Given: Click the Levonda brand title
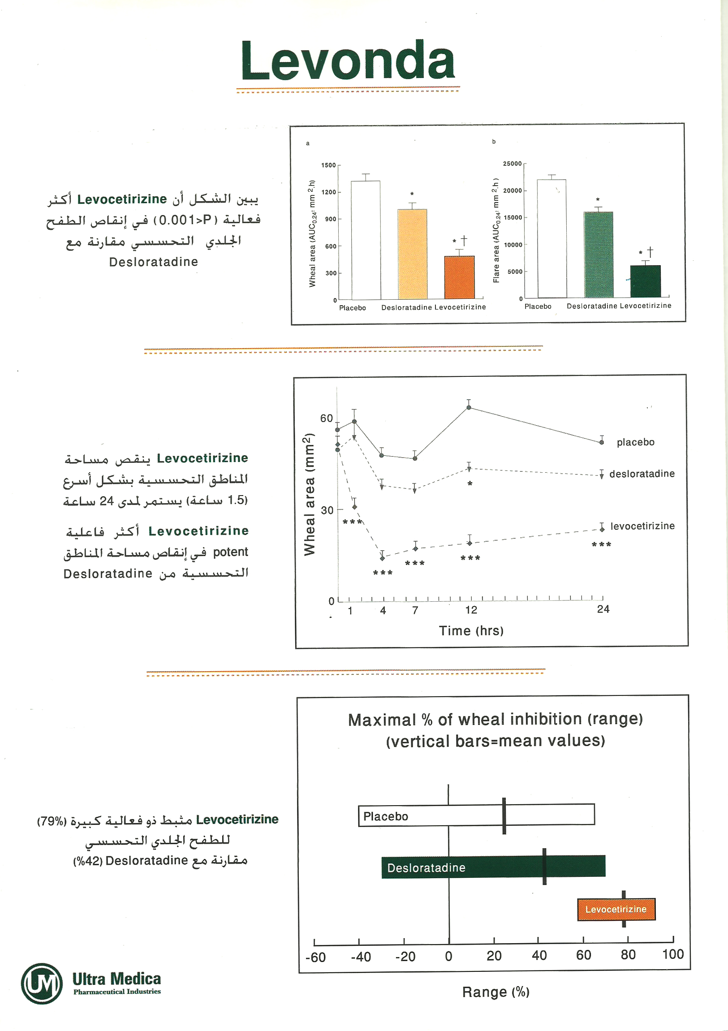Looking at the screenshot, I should (x=348, y=60).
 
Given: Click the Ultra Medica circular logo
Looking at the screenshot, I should (x=42, y=983).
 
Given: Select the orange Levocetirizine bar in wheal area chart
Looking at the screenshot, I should (x=459, y=277).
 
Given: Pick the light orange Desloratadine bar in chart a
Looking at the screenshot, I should (x=412, y=254).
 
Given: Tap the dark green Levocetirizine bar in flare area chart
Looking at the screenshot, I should (x=646, y=281).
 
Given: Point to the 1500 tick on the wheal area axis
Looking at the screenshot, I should (x=328, y=165).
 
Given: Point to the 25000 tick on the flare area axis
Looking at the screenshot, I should (x=513, y=164).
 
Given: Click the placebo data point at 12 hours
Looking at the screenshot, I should (x=469, y=407).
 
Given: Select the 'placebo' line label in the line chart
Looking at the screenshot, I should (x=635, y=442).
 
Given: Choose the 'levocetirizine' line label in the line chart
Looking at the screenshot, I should (x=642, y=526).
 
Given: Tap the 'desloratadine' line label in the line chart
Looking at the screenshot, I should (x=642, y=474).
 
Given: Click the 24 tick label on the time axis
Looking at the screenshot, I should (x=603, y=609).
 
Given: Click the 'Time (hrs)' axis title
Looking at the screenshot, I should (x=471, y=631).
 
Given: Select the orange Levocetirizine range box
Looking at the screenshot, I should (x=616, y=909).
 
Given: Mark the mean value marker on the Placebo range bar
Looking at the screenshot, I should (x=504, y=815).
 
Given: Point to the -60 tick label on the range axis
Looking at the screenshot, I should (x=315, y=958).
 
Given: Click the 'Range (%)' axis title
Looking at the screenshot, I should (x=496, y=992).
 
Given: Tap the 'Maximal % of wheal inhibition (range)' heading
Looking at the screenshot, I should (x=495, y=719).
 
